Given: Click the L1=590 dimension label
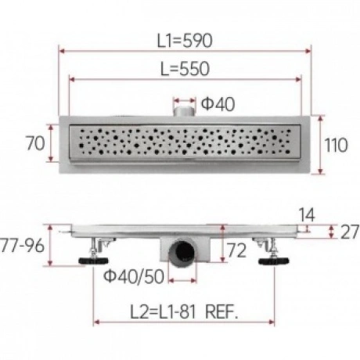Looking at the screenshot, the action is (x=185, y=41).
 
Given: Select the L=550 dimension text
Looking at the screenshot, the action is (x=185, y=69).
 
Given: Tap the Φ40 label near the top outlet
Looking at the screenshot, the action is (x=218, y=104).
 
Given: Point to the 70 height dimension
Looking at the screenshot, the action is (x=35, y=143).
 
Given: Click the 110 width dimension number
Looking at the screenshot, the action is (x=336, y=145).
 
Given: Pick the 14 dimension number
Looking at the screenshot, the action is (x=307, y=214).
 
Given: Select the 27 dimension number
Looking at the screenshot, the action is (x=350, y=232).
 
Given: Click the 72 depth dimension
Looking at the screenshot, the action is (x=236, y=250).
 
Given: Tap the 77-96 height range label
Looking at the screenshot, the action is (x=23, y=245).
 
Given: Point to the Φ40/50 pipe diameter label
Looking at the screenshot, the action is (x=134, y=276).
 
